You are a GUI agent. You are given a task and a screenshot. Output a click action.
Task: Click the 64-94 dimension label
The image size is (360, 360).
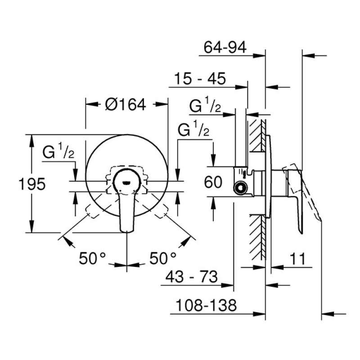225,47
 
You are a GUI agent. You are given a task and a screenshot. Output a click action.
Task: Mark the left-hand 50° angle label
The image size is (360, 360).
93,258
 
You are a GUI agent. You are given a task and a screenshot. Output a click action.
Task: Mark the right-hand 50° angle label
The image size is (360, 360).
163,258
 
